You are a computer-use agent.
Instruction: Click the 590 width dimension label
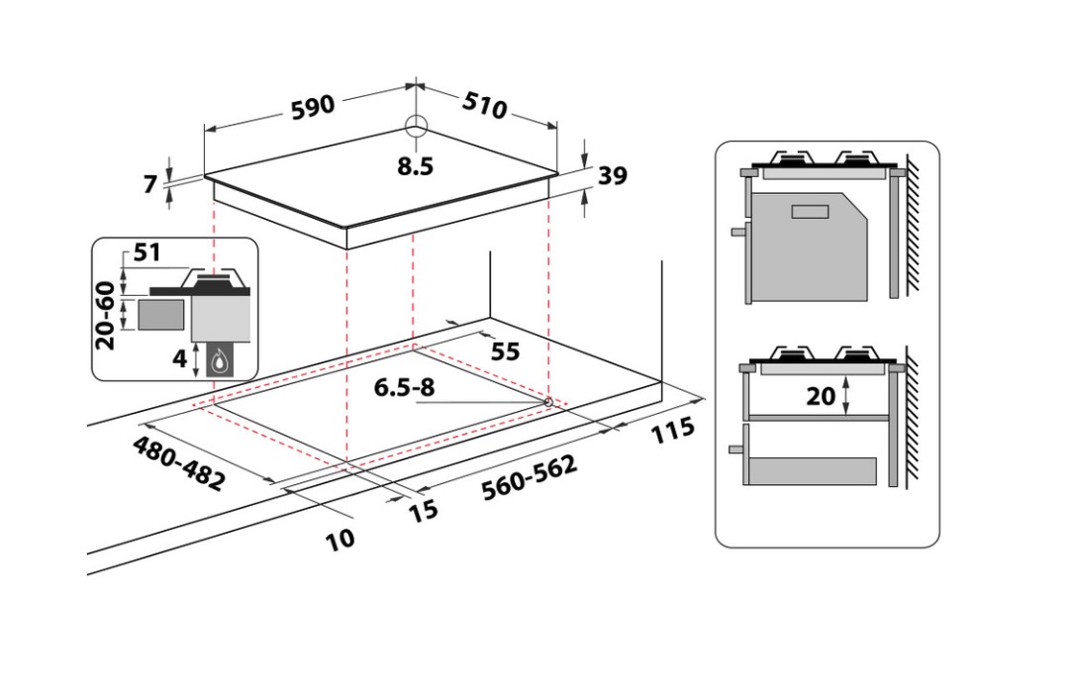pyautogui.click(x=314, y=107)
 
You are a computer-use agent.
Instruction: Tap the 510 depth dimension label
pyautogui.click(x=485, y=105)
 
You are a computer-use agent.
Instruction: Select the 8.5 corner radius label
pyautogui.click(x=416, y=165)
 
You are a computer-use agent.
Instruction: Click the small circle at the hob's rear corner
pyautogui.click(x=416, y=126)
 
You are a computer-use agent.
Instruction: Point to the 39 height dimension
pyautogui.click(x=613, y=175)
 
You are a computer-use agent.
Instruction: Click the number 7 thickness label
pyautogui.click(x=150, y=183)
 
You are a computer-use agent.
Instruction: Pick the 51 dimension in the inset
pyautogui.click(x=147, y=251)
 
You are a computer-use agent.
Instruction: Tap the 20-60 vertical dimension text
pyautogui.click(x=106, y=316)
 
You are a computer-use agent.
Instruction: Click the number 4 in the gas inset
pyautogui.click(x=179, y=357)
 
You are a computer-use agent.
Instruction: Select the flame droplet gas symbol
pyautogui.click(x=220, y=360)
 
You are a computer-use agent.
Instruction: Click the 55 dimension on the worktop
pyautogui.click(x=506, y=351)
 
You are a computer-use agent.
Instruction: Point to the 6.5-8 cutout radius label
pyautogui.click(x=404, y=387)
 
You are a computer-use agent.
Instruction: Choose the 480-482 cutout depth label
pyautogui.click(x=178, y=463)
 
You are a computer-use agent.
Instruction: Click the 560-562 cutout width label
pyautogui.click(x=530, y=477)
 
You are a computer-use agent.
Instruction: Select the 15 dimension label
pyautogui.click(x=423, y=510)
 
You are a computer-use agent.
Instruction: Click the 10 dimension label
pyautogui.click(x=341, y=539)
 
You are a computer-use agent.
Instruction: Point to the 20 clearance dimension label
pyautogui.click(x=821, y=396)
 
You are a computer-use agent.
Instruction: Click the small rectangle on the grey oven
pyautogui.click(x=810, y=212)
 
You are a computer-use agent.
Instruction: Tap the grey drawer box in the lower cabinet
pyautogui.click(x=813, y=471)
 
